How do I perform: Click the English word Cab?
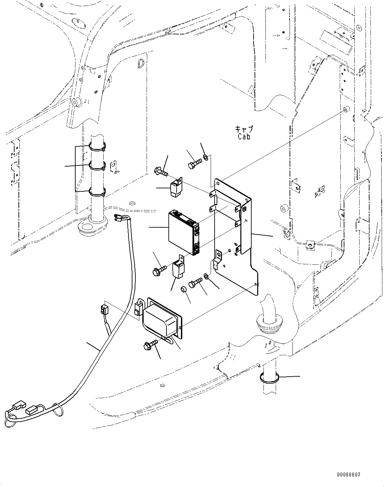pyautogui.click(x=244, y=136)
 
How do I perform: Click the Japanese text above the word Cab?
pyautogui.click(x=244, y=129)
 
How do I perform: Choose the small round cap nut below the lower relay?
pyautogui.click(x=184, y=290)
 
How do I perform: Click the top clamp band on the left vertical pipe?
pyautogui.click(x=97, y=146)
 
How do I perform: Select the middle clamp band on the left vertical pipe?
pyautogui.click(x=97, y=165)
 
